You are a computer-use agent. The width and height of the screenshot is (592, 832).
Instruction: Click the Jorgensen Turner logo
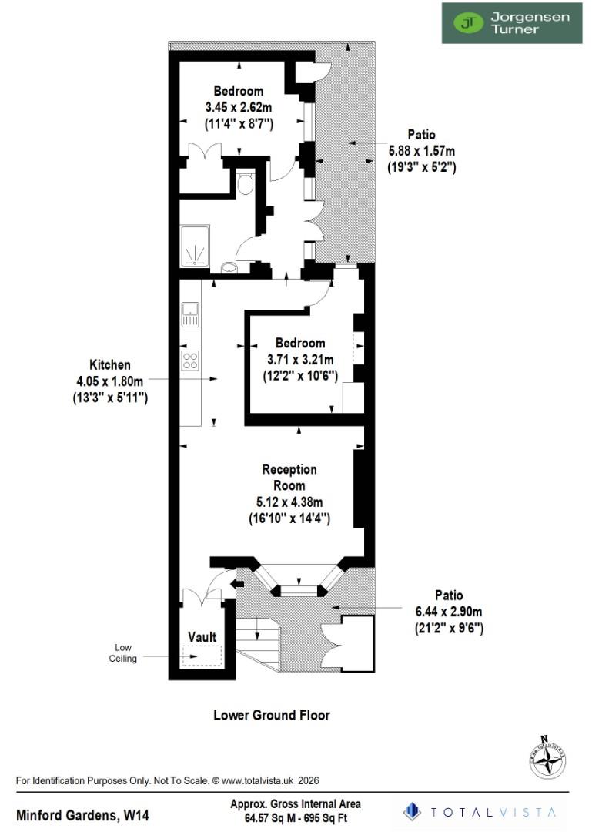coord(511,22)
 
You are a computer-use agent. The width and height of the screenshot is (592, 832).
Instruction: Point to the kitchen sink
coord(190,314)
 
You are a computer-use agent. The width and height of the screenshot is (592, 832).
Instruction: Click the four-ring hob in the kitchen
coord(190,361)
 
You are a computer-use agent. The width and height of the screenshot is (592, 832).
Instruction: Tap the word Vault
coord(202,637)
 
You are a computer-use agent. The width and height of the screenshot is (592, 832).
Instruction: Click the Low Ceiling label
coord(125,653)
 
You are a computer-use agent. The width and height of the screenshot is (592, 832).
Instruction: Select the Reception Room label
coord(289,478)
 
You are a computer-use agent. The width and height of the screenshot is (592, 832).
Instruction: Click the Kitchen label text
coord(110,365)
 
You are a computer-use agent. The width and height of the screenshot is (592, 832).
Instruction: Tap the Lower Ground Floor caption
coord(271,715)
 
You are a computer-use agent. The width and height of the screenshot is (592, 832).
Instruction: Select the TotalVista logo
coord(483,811)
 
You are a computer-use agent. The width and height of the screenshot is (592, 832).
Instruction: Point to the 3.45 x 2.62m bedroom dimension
coord(239,107)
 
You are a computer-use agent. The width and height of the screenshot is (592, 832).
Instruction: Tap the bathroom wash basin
coord(229,268)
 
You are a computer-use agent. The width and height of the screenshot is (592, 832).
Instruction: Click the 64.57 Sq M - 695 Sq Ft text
coord(296,817)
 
